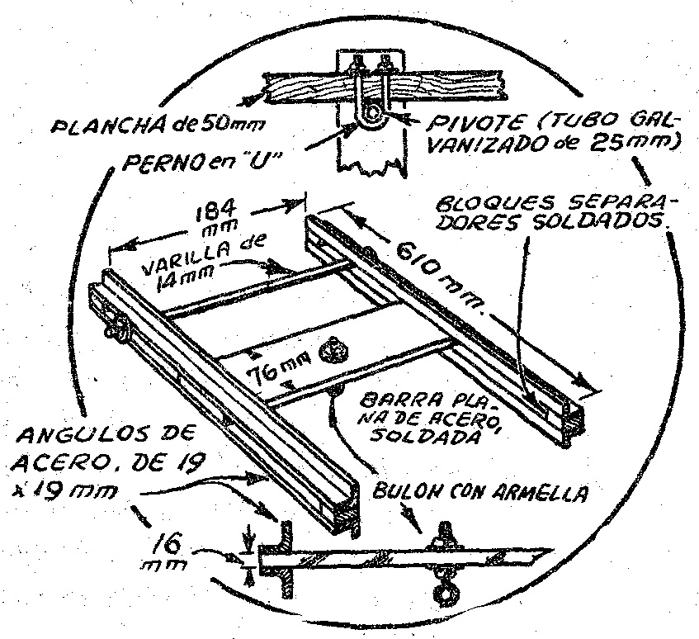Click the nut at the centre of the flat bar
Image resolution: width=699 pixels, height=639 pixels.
click(336, 350)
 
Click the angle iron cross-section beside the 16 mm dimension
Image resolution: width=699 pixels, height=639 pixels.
click(287, 557)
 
